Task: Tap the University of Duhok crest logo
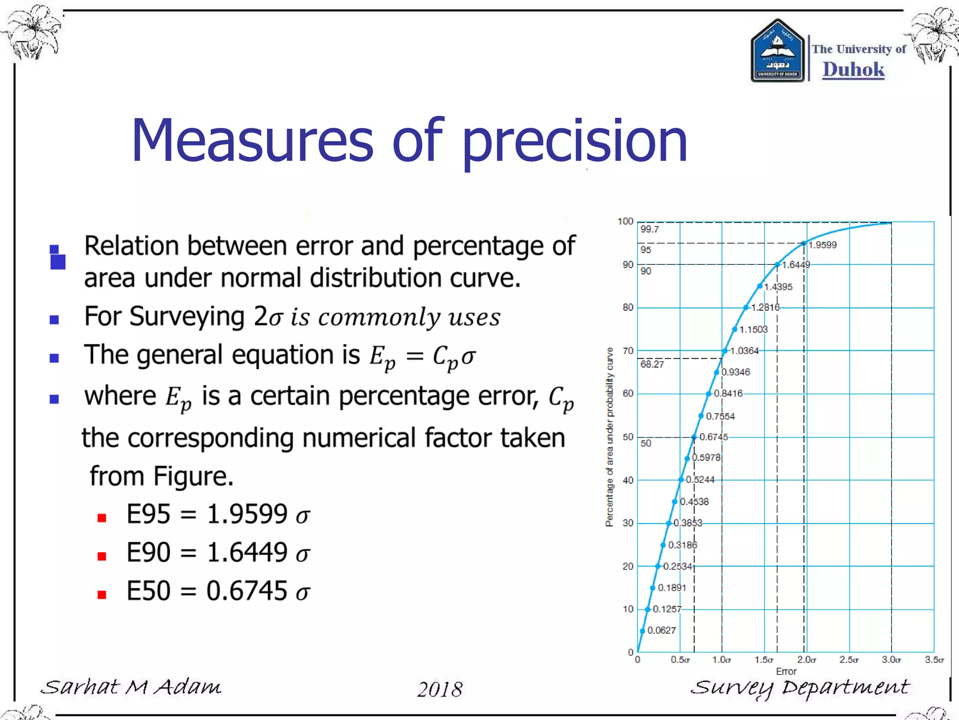click(x=777, y=52)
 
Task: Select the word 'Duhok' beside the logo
click(x=853, y=69)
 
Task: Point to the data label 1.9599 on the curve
click(x=822, y=245)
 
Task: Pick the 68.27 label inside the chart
click(x=652, y=364)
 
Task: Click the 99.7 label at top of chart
click(x=649, y=229)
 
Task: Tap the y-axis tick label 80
click(x=627, y=307)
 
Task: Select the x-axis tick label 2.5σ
click(x=848, y=660)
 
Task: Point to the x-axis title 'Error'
click(x=786, y=671)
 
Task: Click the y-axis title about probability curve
click(x=609, y=437)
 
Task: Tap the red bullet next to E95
click(x=102, y=517)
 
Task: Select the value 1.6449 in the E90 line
click(x=247, y=552)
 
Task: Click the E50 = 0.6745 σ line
click(x=218, y=591)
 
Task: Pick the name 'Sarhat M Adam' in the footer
click(x=131, y=688)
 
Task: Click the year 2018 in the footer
click(x=440, y=689)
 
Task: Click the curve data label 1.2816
click(x=765, y=307)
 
